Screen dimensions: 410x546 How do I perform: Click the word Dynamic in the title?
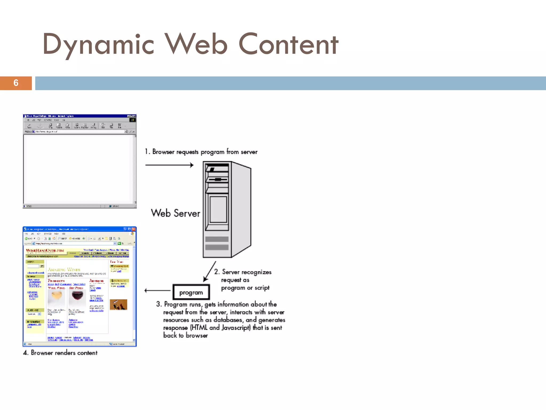tap(98, 44)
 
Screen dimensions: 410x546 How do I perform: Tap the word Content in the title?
tap(288, 44)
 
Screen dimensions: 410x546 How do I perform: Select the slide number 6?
tap(16, 83)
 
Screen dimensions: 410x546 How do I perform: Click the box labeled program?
tap(191, 293)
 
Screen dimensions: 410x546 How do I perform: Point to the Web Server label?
tap(175, 213)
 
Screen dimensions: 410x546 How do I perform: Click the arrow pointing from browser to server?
tap(169, 165)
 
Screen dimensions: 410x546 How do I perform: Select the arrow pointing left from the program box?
tap(157, 290)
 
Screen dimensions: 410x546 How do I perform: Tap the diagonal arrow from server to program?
tap(210, 271)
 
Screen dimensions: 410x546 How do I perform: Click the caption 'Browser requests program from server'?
tap(201, 152)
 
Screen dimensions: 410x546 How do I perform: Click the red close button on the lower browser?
tap(134, 229)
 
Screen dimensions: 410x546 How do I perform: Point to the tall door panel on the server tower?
tap(218, 210)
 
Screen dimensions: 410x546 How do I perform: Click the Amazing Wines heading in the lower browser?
tap(64, 270)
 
